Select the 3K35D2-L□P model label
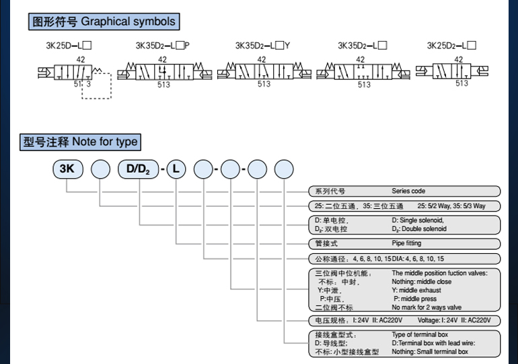click(x=162, y=47)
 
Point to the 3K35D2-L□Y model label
click(x=262, y=47)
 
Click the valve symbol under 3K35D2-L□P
click(x=163, y=71)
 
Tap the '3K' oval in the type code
click(x=67, y=170)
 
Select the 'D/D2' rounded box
click(x=138, y=170)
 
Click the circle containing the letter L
click(x=176, y=170)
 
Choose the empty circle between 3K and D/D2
click(x=100, y=170)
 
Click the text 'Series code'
click(x=408, y=191)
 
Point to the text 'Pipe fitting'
click(x=406, y=244)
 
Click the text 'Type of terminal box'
click(x=420, y=334)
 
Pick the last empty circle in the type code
click(x=284, y=170)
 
